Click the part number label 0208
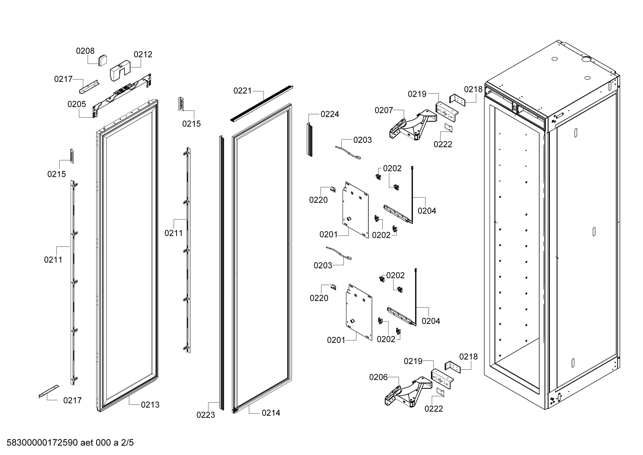click(85, 51)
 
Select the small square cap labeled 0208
click(103, 60)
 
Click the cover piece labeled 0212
click(120, 71)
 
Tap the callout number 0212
click(143, 55)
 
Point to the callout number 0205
click(76, 104)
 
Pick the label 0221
click(243, 91)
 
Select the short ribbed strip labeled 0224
click(309, 140)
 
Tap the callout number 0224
click(330, 115)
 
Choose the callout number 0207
click(384, 110)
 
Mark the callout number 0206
click(378, 377)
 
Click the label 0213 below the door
click(150, 405)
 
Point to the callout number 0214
click(271, 413)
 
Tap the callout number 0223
click(205, 415)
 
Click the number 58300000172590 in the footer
click(42, 443)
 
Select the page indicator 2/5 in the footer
click(127, 443)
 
